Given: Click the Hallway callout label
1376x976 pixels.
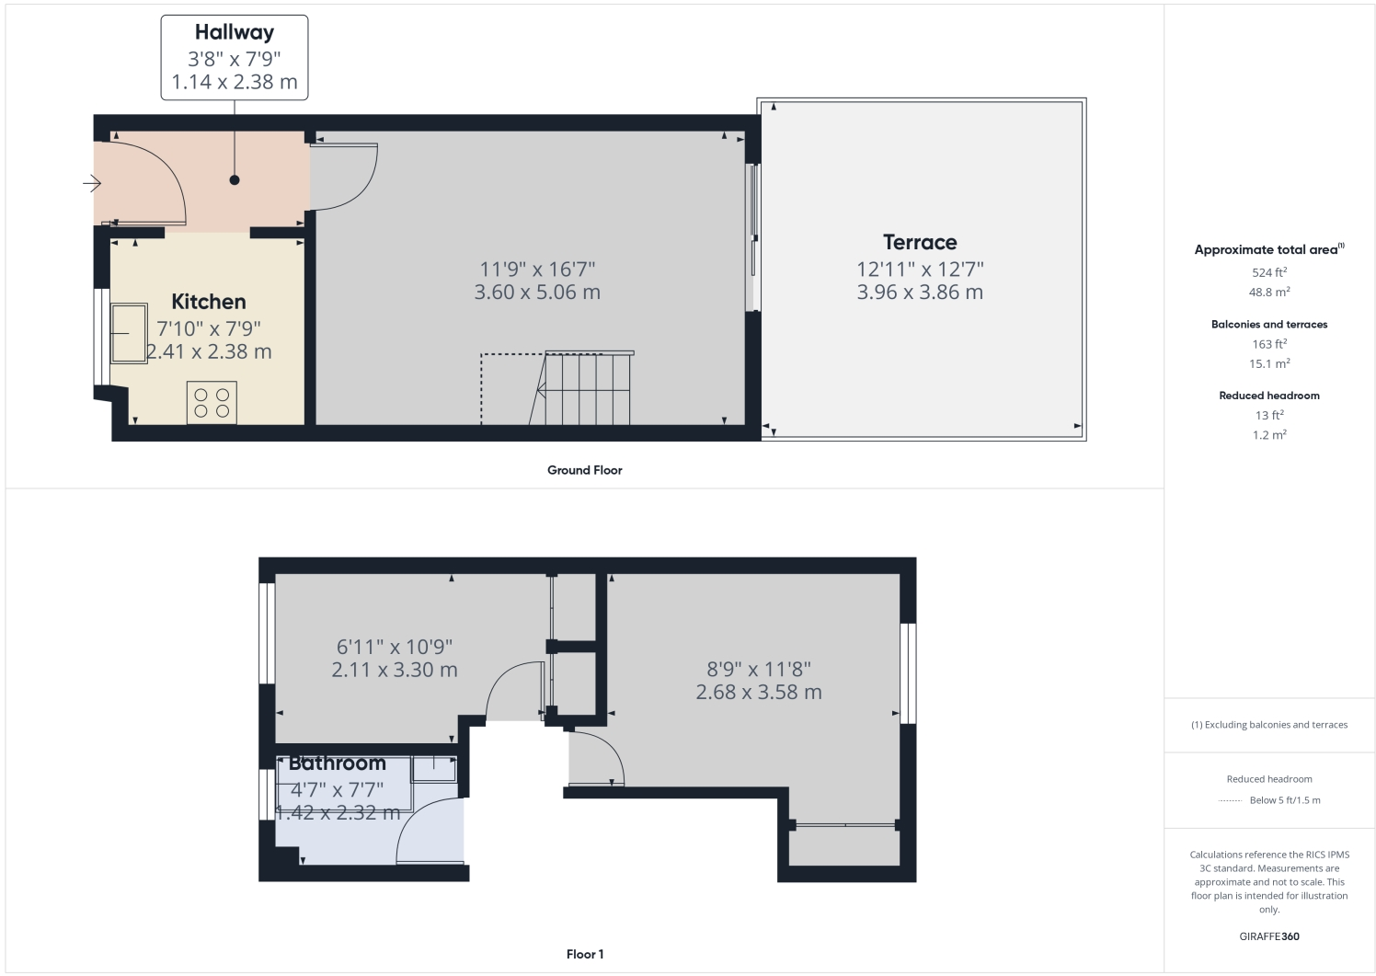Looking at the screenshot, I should click(235, 33).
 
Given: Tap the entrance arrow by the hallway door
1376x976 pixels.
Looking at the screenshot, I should click(91, 184).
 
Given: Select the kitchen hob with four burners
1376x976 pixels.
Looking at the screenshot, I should click(212, 403).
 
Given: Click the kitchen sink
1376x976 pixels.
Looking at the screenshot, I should click(128, 333).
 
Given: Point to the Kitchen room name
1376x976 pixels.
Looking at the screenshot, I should click(209, 302).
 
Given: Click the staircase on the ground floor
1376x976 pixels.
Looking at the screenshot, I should click(586, 388).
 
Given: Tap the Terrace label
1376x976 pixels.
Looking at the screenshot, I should click(920, 243).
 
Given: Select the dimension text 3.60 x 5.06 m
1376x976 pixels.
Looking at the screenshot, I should click(537, 293).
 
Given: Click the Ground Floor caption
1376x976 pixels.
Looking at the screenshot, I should click(584, 470).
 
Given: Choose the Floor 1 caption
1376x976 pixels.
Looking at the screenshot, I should click(585, 955).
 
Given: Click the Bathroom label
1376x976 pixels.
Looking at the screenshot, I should click(337, 764).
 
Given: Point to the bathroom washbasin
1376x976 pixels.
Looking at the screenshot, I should click(433, 768).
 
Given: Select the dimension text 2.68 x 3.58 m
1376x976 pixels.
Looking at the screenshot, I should click(758, 693).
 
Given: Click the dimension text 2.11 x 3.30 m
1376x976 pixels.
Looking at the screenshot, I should click(394, 671).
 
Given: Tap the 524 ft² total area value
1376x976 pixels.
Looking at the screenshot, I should click(1268, 272).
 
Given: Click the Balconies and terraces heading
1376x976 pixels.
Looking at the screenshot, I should click(1268, 325).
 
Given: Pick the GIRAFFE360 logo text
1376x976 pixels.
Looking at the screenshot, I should click(1268, 937).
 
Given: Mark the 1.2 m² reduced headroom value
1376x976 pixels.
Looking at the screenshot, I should click(1268, 435).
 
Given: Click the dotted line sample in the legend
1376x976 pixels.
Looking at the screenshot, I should click(1230, 801).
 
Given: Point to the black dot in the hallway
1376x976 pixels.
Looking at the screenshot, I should click(235, 180).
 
